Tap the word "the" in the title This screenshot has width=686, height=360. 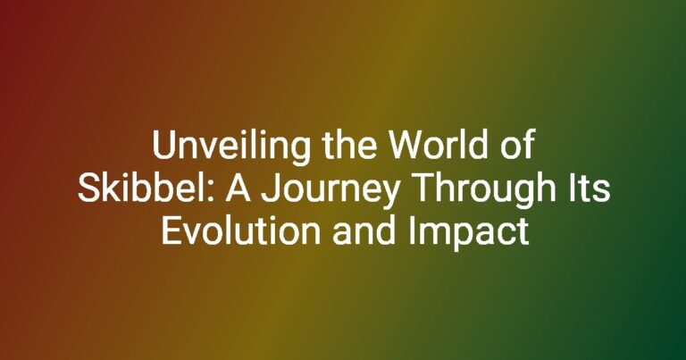[349, 145]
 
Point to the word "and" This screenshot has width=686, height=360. [364, 231]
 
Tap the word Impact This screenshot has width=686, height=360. [469, 234]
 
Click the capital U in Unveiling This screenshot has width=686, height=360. [163, 146]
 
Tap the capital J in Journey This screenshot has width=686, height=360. [270, 189]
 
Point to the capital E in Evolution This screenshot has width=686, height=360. [171, 231]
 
